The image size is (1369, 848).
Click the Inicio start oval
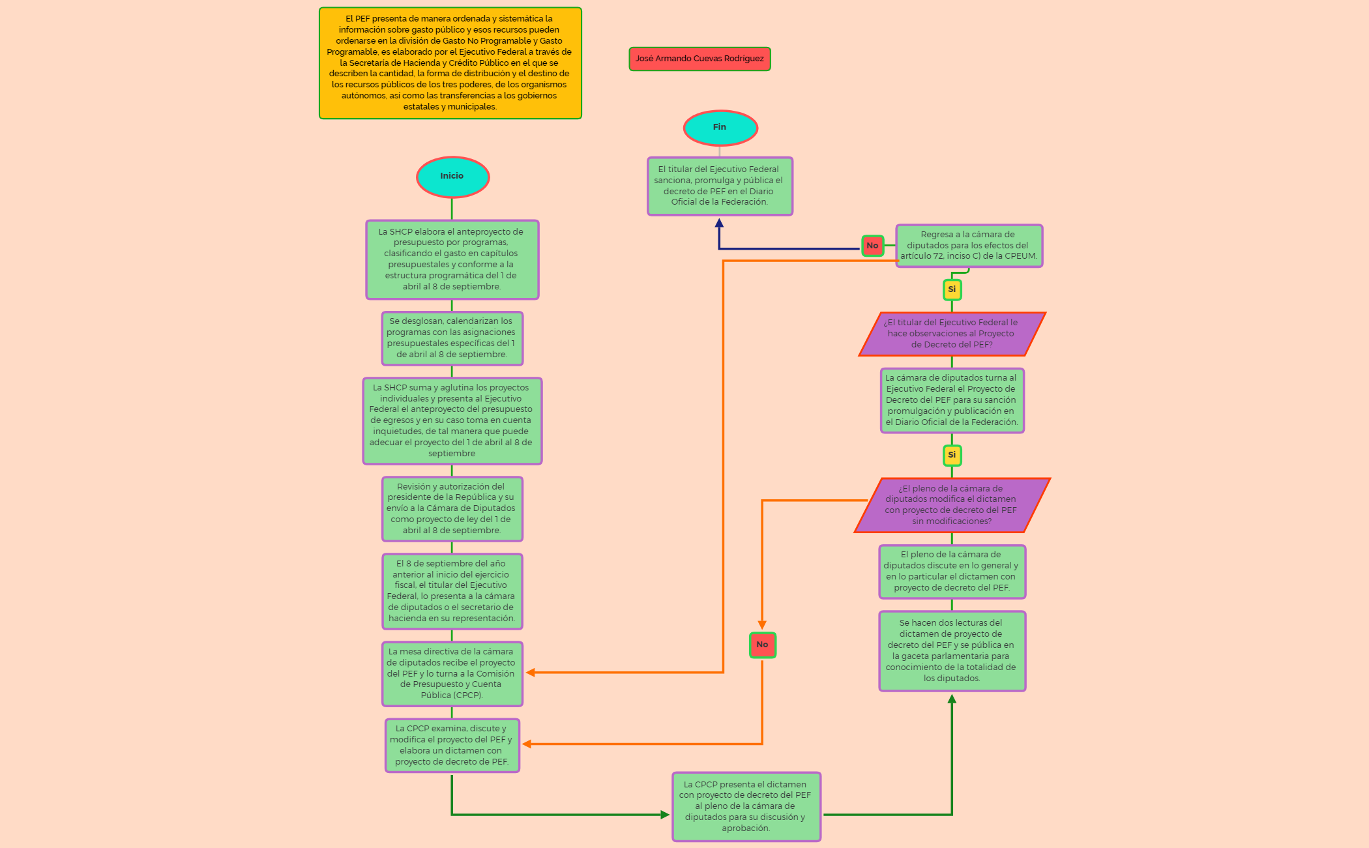pyautogui.click(x=452, y=177)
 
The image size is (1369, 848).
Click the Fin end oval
pyautogui.click(x=720, y=128)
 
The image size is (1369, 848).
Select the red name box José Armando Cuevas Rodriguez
pyautogui.click(x=699, y=59)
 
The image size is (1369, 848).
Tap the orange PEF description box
pyautogui.click(x=450, y=63)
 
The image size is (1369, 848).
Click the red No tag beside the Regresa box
pyautogui.click(x=872, y=246)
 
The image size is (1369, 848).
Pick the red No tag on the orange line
pyautogui.click(x=762, y=645)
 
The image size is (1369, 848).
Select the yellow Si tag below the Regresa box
pyautogui.click(x=952, y=289)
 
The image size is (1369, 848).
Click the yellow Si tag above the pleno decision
pyautogui.click(x=952, y=455)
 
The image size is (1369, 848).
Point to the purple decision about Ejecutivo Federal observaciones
pyautogui.click(x=952, y=334)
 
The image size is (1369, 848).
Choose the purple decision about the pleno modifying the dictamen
pyautogui.click(x=951, y=505)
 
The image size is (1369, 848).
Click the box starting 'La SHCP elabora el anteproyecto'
pyautogui.click(x=452, y=259)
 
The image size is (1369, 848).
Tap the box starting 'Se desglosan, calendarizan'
pyautogui.click(x=452, y=338)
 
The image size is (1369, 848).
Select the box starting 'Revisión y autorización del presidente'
pyautogui.click(x=452, y=508)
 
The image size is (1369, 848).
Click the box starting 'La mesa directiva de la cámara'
pyautogui.click(x=452, y=673)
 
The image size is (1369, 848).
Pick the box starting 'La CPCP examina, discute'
pyautogui.click(x=452, y=745)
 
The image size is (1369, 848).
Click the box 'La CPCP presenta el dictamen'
pyautogui.click(x=746, y=806)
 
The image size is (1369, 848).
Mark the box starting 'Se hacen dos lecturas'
pyautogui.click(x=952, y=651)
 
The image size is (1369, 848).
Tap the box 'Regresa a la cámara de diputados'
pyautogui.click(x=969, y=246)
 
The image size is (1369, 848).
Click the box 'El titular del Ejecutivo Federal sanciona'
pyautogui.click(x=719, y=186)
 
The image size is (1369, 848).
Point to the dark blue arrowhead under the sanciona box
pyautogui.click(x=719, y=223)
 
